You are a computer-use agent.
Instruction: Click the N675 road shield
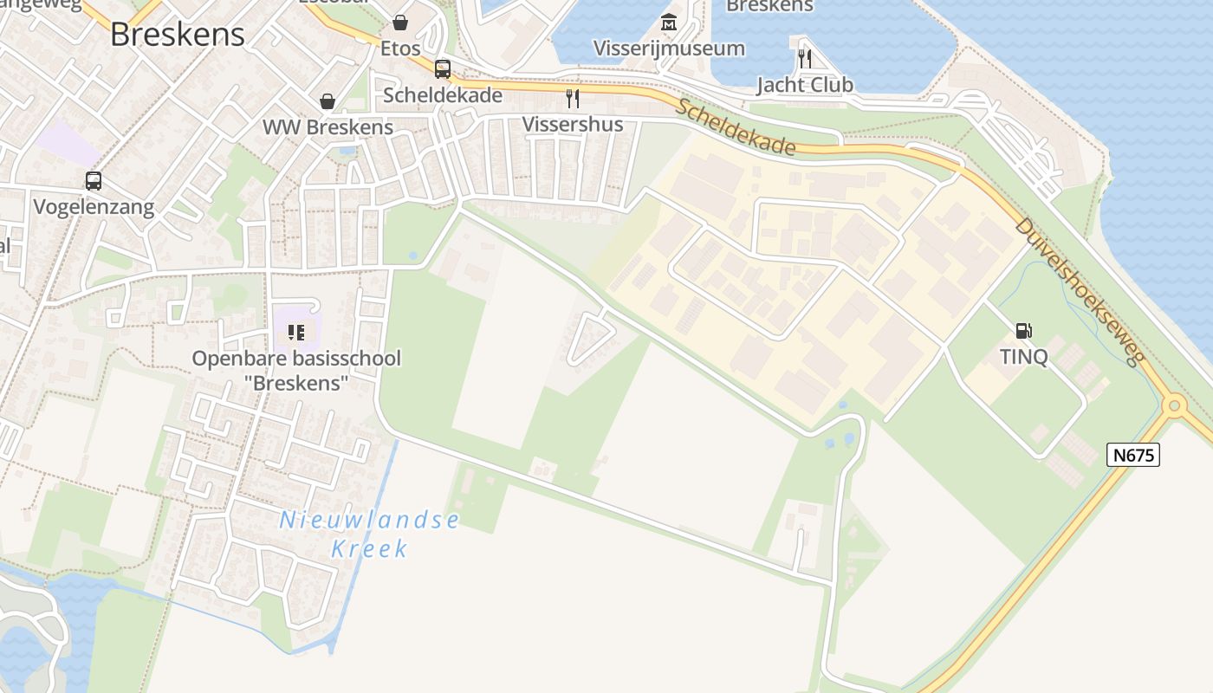(x=1132, y=455)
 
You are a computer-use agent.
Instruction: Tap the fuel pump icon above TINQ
(x=1023, y=330)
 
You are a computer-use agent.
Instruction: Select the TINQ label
(x=1023, y=356)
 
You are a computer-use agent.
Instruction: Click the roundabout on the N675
(x=1174, y=405)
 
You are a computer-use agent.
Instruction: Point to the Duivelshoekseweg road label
(x=1080, y=290)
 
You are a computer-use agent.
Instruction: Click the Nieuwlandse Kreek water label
(x=370, y=534)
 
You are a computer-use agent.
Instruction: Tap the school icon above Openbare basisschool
(x=296, y=332)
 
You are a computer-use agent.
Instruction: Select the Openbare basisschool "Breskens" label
(x=296, y=370)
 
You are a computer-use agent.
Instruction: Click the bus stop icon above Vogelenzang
(x=94, y=181)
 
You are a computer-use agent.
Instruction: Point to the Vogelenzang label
(x=94, y=207)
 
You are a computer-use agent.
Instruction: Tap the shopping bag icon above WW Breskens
(x=328, y=101)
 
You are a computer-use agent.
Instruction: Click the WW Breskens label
(x=328, y=126)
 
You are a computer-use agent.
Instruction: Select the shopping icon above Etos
(x=400, y=23)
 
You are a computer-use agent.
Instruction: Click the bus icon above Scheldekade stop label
(x=443, y=68)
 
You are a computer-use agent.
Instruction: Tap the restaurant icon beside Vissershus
(x=572, y=98)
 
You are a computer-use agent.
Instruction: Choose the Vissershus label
(x=572, y=125)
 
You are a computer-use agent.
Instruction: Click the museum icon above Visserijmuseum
(x=669, y=22)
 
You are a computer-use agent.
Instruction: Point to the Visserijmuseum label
(x=669, y=49)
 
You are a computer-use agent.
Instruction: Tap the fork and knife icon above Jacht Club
(x=805, y=58)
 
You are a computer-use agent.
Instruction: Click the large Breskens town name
(x=178, y=34)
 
